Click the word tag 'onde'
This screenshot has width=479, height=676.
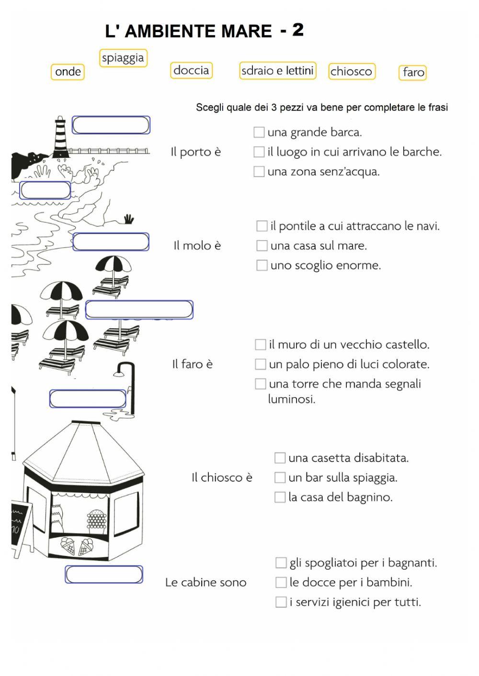(x=68, y=72)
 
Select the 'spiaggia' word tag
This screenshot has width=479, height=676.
(x=123, y=58)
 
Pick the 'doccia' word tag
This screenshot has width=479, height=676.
(x=191, y=70)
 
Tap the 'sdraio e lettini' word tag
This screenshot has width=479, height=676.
(x=277, y=71)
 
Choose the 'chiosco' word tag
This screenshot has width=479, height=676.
(x=351, y=71)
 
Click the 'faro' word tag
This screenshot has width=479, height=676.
(x=413, y=72)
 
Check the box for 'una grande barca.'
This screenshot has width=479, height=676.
(x=259, y=132)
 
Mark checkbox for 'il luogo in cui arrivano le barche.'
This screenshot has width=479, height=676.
(x=259, y=152)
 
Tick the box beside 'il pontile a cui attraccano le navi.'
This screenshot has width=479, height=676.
(x=262, y=226)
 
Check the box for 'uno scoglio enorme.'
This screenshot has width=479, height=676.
(x=262, y=265)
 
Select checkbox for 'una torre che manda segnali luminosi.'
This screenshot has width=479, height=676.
(x=260, y=384)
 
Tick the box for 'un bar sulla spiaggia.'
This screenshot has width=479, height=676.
(x=280, y=477)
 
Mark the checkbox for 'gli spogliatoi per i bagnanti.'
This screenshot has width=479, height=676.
(x=281, y=563)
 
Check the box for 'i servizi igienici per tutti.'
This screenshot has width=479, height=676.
(x=281, y=602)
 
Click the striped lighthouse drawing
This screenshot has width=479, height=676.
(x=60, y=137)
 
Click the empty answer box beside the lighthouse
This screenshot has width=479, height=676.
(x=111, y=125)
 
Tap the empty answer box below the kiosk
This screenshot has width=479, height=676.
(x=104, y=575)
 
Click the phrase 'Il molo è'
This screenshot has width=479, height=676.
(x=197, y=246)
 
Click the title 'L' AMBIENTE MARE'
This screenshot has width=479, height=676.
(x=188, y=32)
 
